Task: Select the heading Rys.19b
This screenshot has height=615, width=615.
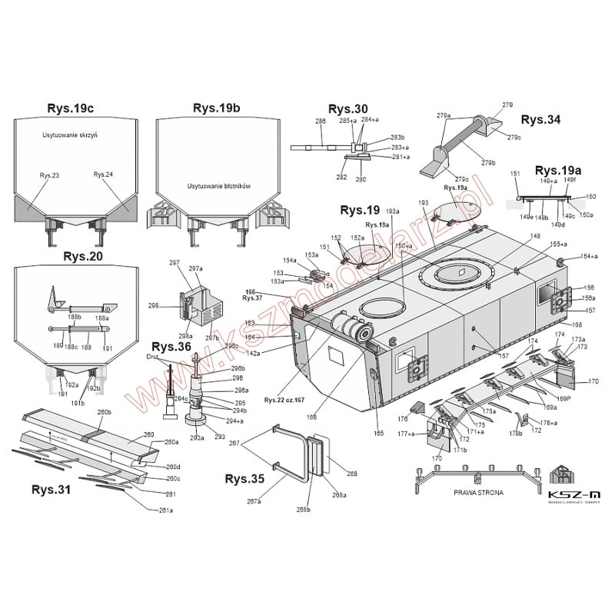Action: (217, 108)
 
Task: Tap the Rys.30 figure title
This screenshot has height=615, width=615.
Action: (348, 108)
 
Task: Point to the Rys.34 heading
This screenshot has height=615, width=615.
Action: (540, 120)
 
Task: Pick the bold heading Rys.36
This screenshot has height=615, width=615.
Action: (171, 347)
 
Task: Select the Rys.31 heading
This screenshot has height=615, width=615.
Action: (52, 489)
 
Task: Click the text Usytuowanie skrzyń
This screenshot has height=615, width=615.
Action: (75, 135)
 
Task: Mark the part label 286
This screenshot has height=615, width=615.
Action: (299, 121)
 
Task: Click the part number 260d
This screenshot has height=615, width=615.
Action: (173, 467)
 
